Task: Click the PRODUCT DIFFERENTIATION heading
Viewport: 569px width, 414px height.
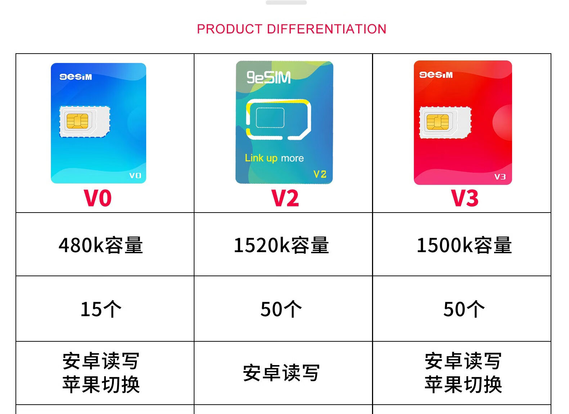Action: coord(292,29)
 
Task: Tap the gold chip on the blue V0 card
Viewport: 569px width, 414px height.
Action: coord(77,121)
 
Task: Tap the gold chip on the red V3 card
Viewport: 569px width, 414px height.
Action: coord(438,122)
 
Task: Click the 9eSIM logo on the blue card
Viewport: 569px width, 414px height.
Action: coord(76,77)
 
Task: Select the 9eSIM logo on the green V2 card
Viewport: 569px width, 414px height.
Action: coord(269,77)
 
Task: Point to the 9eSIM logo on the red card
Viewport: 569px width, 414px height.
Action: coord(436,75)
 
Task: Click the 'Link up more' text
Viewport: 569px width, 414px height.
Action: coord(274,158)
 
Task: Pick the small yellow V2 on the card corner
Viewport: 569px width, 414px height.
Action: coord(320,174)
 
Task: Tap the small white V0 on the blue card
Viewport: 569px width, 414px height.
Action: coord(135,176)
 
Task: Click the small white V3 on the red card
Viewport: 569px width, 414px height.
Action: coord(500,177)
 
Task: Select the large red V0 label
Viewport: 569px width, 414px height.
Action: coord(98,198)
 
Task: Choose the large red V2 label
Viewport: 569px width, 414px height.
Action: coord(285,198)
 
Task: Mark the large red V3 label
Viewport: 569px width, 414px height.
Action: coord(465,198)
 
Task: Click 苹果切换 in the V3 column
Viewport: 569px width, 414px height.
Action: coord(463,385)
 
